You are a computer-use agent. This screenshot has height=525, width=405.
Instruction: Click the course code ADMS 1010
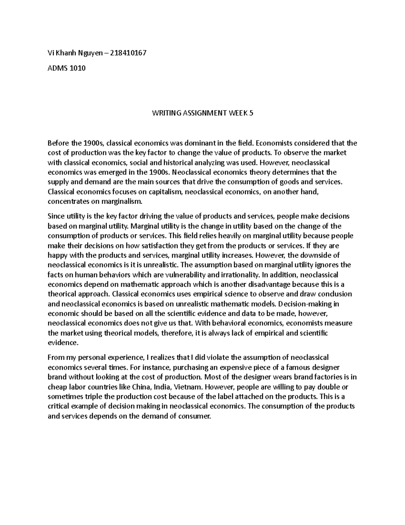click(67, 68)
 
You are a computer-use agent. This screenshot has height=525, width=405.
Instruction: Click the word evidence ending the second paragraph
click(62, 343)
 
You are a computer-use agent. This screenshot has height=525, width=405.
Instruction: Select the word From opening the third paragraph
click(55, 357)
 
